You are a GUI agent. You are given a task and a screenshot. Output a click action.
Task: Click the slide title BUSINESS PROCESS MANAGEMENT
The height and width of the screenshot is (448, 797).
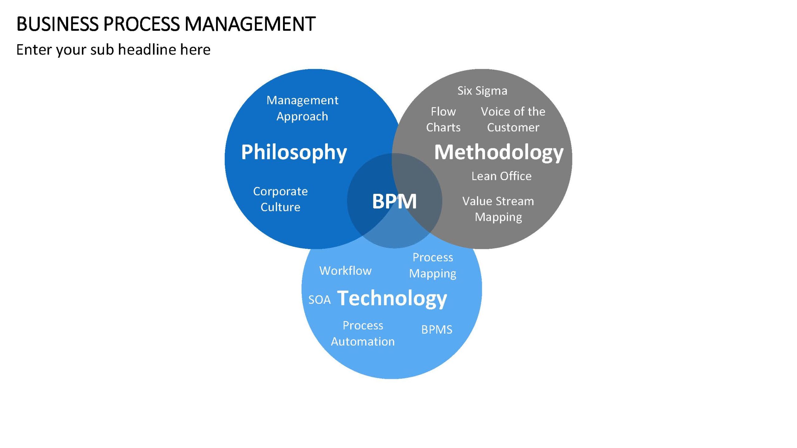point(166,24)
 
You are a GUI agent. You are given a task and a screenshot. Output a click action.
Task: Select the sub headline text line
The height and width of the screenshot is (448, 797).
point(113,50)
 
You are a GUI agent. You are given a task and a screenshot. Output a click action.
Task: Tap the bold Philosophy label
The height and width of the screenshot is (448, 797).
point(294,152)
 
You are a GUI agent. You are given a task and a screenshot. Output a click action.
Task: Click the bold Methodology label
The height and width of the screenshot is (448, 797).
point(499,152)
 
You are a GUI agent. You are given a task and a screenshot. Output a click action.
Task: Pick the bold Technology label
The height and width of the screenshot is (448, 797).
point(392,299)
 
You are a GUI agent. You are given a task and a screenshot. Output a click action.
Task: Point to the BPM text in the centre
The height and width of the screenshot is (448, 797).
point(394,201)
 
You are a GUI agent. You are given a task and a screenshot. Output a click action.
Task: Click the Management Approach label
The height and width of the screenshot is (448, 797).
point(302,108)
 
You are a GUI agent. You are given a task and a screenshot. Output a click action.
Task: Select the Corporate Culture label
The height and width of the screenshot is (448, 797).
point(281,199)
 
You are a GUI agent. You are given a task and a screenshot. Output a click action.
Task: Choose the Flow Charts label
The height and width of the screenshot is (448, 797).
point(443,119)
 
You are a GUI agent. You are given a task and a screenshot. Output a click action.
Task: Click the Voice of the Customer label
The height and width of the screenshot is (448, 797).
point(513,119)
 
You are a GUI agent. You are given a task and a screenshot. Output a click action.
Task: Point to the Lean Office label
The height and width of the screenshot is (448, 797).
point(502,176)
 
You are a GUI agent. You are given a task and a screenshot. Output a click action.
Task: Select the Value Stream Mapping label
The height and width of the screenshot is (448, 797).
point(498,209)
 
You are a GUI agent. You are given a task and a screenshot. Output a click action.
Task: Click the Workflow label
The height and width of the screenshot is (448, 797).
point(346,271)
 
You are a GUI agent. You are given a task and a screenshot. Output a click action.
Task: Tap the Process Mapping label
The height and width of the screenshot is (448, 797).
point(433,265)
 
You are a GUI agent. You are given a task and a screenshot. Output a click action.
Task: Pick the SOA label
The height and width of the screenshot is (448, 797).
point(319,300)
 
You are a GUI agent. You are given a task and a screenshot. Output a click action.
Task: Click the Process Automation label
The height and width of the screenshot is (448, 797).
point(363,334)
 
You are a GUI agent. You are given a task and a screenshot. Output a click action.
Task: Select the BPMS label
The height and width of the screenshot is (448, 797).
point(437,330)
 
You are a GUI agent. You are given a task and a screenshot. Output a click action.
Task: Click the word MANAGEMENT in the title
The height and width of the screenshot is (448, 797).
point(250,24)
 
